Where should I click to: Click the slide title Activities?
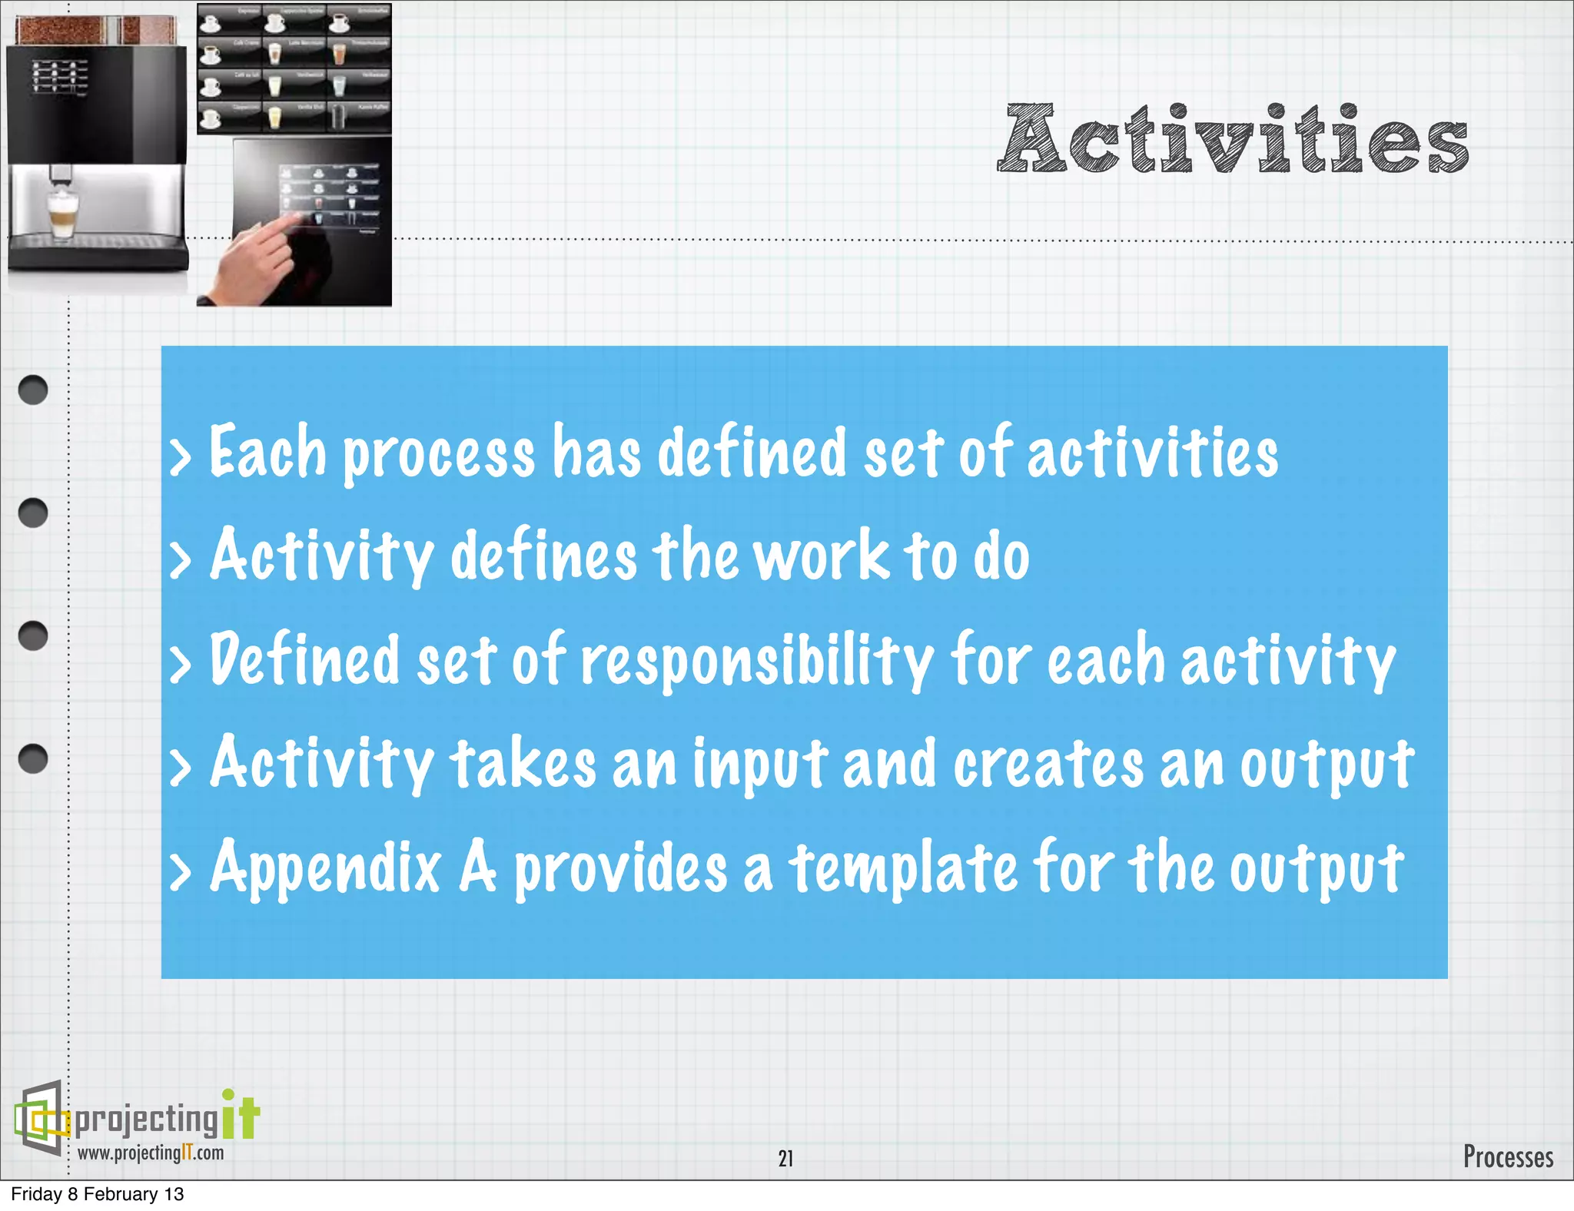(1233, 140)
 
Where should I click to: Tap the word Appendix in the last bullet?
(326, 868)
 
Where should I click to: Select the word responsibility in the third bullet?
(756, 661)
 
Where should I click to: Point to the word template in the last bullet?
(904, 868)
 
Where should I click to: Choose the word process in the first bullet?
(438, 453)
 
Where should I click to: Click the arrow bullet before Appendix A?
(180, 873)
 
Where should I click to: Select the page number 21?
(785, 1158)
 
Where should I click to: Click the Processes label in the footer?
(1507, 1156)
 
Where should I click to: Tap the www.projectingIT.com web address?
(151, 1153)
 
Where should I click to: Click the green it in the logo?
(241, 1116)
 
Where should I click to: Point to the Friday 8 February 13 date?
(98, 1194)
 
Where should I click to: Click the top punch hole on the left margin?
(33, 390)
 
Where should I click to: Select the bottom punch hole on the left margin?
(33, 758)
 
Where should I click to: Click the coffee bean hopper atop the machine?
(96, 31)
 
